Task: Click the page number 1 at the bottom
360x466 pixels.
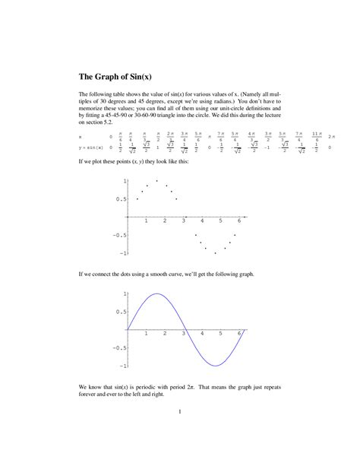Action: coord(179,413)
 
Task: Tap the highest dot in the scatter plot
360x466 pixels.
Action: coord(156,181)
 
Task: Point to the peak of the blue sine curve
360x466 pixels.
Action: coord(156,294)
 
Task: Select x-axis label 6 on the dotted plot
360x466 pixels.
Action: coord(239,220)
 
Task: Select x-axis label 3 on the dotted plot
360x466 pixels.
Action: coord(183,220)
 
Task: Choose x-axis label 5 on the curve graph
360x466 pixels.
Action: coord(220,334)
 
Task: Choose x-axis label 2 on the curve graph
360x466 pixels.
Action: coord(164,334)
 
